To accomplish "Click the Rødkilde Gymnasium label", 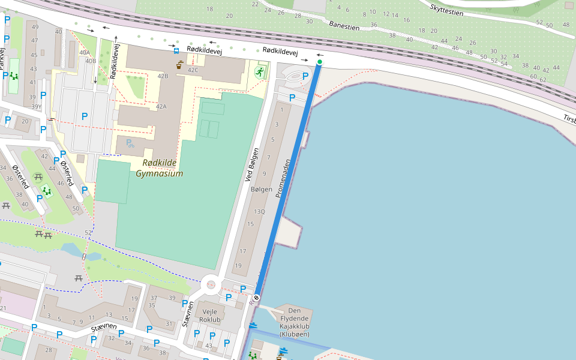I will pyautogui.click(x=159, y=168).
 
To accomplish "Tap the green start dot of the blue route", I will pyautogui.click(x=320, y=62).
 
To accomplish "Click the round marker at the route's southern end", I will pyautogui.click(x=256, y=297).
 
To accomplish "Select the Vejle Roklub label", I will pyautogui.click(x=210, y=316).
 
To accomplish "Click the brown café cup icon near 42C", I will pyautogui.click(x=179, y=65).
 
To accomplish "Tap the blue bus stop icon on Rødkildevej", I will pyautogui.click(x=176, y=51).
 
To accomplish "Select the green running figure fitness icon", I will pyautogui.click(x=260, y=72).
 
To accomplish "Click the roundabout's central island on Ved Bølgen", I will pyautogui.click(x=210, y=284).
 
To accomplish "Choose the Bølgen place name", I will pyautogui.click(x=261, y=189).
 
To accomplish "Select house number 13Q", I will pyautogui.click(x=259, y=211).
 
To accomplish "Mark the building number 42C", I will pyautogui.click(x=193, y=70).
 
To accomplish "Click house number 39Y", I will pyautogui.click(x=36, y=107).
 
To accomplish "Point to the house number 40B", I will pyautogui.click(x=91, y=61).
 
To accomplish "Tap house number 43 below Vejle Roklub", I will pyautogui.click(x=208, y=345).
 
